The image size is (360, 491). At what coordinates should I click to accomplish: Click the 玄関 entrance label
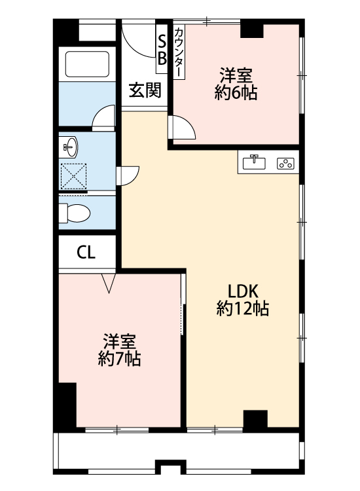click(x=144, y=91)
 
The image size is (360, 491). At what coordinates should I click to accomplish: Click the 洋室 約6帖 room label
click(x=236, y=84)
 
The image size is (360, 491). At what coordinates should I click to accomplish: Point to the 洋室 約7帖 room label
click(x=120, y=350)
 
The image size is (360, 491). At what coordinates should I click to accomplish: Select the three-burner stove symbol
click(x=286, y=163)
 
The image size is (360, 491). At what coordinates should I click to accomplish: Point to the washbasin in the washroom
click(x=68, y=146)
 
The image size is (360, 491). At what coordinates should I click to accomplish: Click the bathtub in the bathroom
click(x=87, y=64)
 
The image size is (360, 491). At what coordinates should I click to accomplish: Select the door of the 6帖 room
click(x=183, y=128)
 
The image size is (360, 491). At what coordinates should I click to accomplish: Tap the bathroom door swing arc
click(x=104, y=118)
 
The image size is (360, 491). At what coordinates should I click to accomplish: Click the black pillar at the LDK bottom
click(x=255, y=420)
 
